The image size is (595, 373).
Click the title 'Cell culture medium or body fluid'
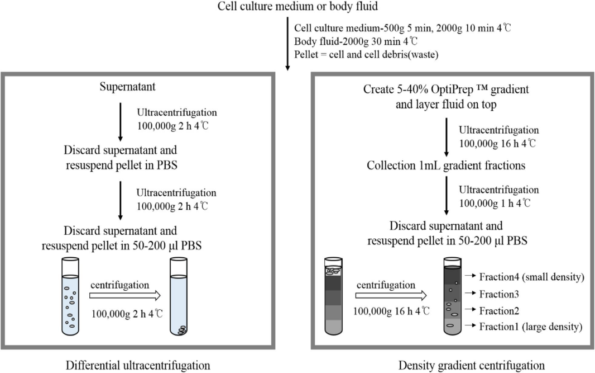297,6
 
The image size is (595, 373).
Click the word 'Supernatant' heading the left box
127,87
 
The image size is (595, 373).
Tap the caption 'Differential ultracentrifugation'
138,365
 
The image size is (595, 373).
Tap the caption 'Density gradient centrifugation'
471,365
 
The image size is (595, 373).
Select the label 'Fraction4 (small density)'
531,277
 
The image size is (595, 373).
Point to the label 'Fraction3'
499,294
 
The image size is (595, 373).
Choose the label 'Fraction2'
499,310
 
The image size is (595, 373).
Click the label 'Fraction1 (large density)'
530,327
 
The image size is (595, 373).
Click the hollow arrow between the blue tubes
125,295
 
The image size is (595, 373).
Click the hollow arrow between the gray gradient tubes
391,295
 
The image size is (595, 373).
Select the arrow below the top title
287,44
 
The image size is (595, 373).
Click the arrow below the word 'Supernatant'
121,122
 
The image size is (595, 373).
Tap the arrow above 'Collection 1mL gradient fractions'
447,137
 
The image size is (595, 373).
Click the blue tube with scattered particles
70,296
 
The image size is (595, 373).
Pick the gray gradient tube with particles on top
333,296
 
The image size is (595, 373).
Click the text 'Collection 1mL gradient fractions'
446,166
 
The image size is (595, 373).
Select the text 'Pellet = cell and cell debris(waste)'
366,54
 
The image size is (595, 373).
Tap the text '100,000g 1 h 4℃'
495,204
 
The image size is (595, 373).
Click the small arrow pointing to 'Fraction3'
471,293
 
